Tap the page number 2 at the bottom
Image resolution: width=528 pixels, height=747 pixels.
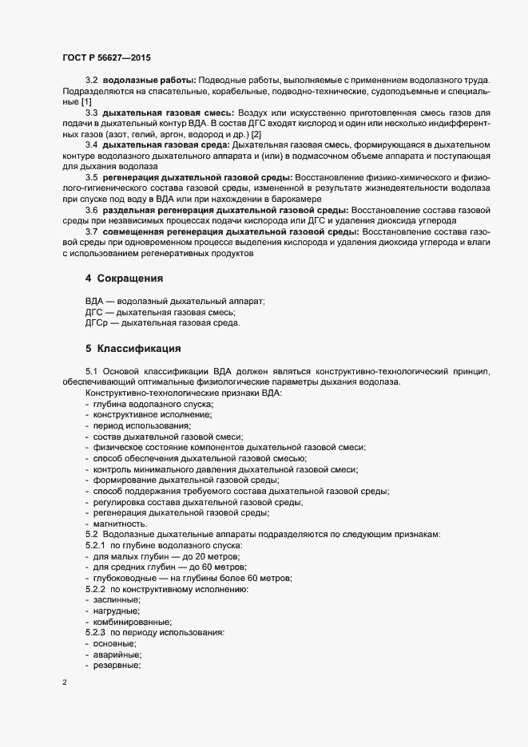(65, 683)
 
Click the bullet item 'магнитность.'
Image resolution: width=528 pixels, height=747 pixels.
(120, 523)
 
